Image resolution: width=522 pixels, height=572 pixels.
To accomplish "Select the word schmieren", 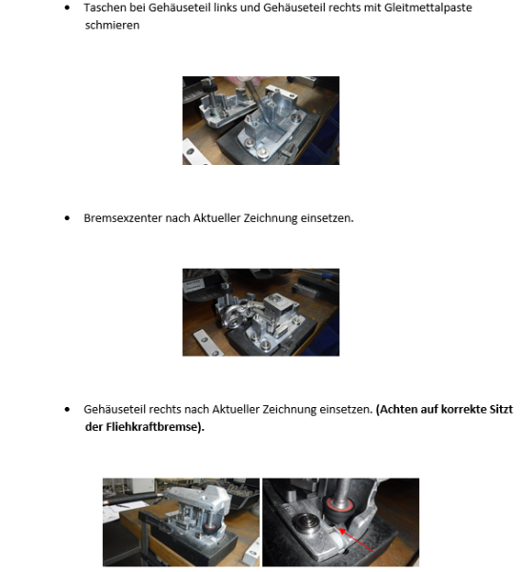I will (x=111, y=26).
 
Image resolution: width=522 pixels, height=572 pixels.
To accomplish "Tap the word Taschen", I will (x=103, y=9).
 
